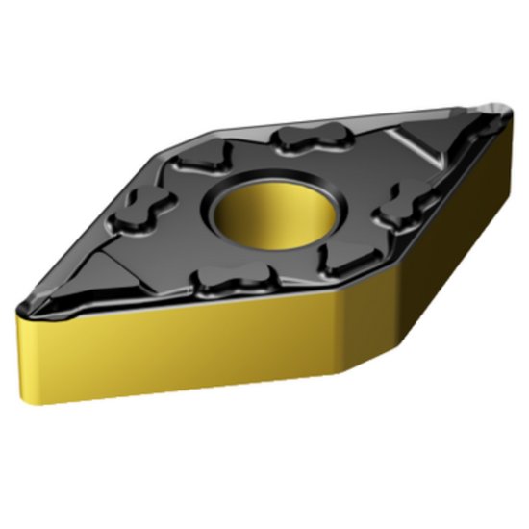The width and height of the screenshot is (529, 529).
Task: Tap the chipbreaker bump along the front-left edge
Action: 227,282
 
